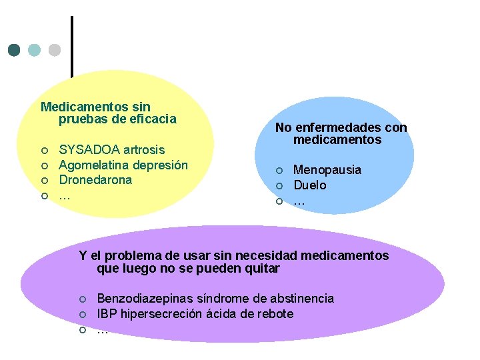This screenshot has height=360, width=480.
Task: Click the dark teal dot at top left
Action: click(x=14, y=50)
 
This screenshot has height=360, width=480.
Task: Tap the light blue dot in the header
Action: click(x=35, y=50)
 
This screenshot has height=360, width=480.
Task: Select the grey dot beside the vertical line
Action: click(x=55, y=50)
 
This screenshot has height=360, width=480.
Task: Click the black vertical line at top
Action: click(x=71, y=47)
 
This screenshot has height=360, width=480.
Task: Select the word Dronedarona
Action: click(x=95, y=180)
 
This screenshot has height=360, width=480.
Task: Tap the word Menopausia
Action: click(x=327, y=170)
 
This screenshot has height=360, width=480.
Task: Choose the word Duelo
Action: click(x=310, y=185)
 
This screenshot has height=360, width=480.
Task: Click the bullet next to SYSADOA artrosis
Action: click(x=44, y=150)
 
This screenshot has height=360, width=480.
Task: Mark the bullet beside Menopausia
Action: click(x=280, y=171)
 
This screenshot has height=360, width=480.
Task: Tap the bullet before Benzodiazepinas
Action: click(x=82, y=299)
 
